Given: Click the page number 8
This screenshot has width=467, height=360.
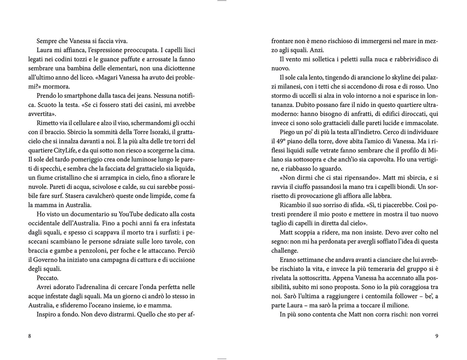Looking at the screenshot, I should (x=30, y=336).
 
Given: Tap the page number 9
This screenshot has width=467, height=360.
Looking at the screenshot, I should (x=437, y=336).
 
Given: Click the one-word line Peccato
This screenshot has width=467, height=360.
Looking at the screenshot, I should (x=48, y=278).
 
